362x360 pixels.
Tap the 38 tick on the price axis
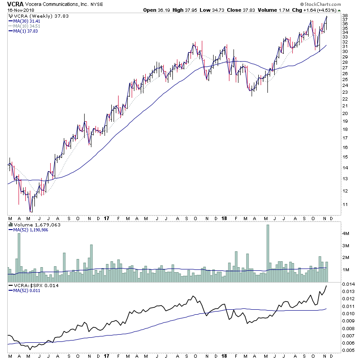(345, 16)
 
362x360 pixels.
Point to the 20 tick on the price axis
(345, 113)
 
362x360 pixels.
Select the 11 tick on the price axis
(345, 204)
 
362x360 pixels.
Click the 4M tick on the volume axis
(346, 234)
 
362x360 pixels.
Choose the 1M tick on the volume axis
(346, 270)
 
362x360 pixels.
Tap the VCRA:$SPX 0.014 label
(31, 286)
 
